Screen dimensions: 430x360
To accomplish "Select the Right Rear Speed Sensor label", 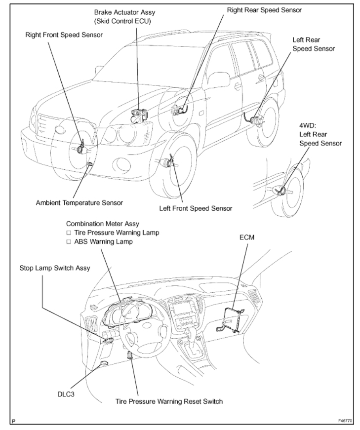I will click(264, 9).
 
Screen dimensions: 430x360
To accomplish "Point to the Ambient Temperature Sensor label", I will click(80, 202).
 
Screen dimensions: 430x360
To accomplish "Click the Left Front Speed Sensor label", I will click(196, 208).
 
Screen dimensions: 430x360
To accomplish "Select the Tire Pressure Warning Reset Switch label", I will click(169, 401).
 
